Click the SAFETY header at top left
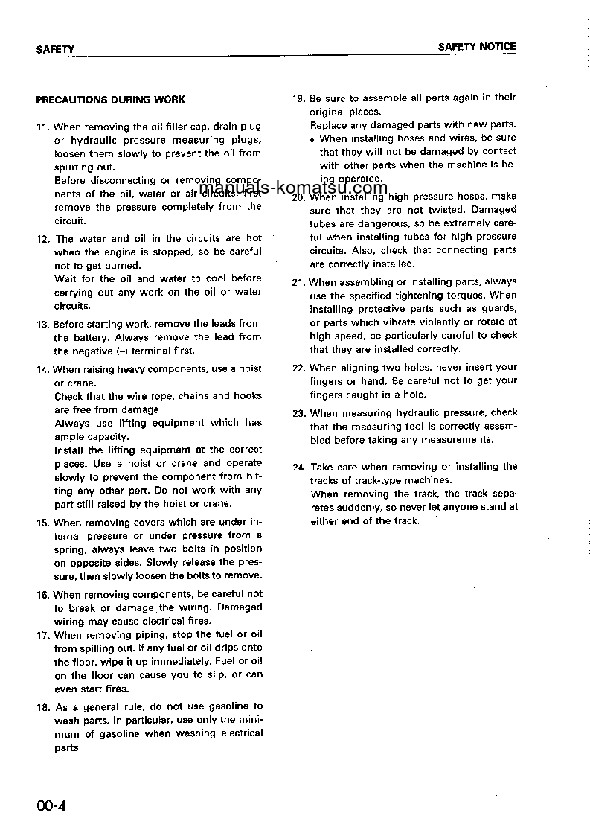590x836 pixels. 55,49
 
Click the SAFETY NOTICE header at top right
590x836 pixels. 476,46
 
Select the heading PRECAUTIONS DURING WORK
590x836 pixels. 110,99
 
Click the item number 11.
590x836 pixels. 42,127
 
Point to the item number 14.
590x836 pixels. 42,370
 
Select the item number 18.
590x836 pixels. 42,706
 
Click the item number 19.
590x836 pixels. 298,98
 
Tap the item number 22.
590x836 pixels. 298,368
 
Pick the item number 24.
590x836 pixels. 298,467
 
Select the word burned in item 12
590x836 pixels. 123,266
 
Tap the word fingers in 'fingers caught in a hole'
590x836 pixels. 326,395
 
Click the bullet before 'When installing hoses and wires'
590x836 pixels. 313,139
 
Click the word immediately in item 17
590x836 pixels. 179,662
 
